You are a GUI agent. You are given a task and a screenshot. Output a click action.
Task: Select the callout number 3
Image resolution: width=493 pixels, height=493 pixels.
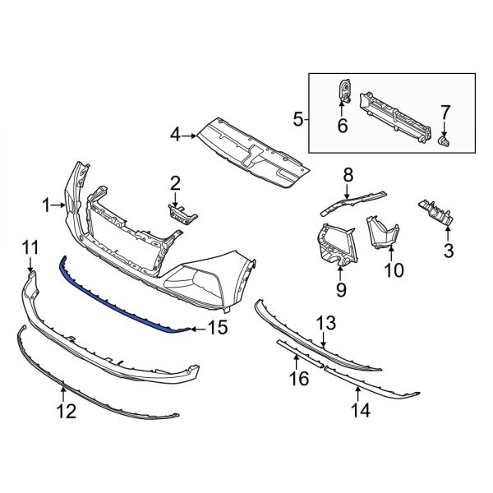(449, 249)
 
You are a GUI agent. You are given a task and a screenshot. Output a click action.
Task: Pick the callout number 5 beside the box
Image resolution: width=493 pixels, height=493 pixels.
(297, 120)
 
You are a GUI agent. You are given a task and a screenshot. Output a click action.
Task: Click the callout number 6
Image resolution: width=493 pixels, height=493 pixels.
(342, 126)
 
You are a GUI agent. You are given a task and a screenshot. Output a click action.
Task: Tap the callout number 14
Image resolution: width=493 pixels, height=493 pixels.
(360, 408)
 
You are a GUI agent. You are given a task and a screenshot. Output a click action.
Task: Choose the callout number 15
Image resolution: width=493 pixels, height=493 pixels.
(216, 329)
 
